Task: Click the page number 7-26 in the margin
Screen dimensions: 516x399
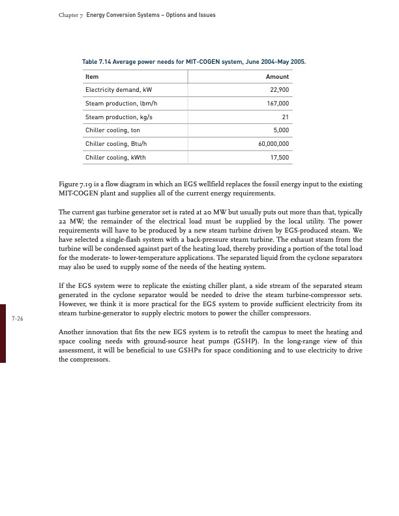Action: (18, 319)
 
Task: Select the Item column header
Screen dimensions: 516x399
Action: (92, 77)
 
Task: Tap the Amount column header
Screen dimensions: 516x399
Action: (278, 77)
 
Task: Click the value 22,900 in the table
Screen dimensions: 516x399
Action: (278, 90)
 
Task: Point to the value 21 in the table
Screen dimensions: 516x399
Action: (285, 117)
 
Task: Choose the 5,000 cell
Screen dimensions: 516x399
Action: (280, 130)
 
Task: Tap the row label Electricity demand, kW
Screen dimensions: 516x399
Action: (119, 90)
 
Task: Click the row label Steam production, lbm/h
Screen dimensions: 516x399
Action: (122, 104)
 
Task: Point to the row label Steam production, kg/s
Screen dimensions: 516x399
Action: (120, 117)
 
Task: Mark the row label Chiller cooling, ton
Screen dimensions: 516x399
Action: (113, 130)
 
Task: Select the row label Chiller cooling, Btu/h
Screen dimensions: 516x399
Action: (116, 144)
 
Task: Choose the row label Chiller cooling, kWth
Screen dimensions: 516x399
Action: (115, 158)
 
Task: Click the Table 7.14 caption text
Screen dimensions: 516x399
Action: (193, 62)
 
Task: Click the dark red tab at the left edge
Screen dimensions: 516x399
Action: (3, 332)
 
